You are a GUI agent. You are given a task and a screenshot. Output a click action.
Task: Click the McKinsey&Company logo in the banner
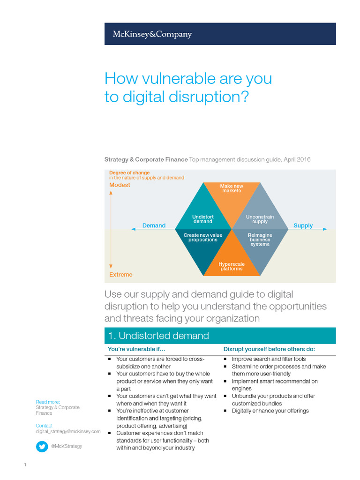click(152, 34)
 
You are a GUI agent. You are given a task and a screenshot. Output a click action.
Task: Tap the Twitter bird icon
click(42, 446)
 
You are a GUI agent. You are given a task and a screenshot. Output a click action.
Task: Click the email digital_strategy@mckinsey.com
click(68, 431)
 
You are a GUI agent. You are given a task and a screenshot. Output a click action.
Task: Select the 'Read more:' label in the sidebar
click(48, 402)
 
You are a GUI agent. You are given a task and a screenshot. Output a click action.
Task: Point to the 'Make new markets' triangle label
click(232, 188)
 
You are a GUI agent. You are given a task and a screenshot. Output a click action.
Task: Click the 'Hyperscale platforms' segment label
click(232, 266)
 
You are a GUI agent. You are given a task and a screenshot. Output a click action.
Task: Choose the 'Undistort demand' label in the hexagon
click(203, 219)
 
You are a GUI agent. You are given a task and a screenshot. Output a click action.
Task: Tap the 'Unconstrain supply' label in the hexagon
click(260, 219)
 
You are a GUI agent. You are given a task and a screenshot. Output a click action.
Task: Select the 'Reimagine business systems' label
click(260, 240)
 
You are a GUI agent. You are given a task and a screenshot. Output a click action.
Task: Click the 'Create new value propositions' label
click(203, 237)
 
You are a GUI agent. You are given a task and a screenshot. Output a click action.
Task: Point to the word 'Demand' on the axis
click(154, 225)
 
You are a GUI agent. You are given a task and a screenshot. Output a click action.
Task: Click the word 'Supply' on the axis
click(303, 225)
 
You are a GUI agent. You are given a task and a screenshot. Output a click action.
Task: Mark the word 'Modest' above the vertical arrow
click(120, 185)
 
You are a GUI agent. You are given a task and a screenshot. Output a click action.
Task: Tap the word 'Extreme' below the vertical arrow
click(121, 275)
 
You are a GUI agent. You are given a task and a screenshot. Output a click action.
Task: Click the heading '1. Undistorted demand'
click(158, 336)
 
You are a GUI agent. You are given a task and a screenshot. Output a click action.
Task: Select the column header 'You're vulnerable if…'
click(136, 349)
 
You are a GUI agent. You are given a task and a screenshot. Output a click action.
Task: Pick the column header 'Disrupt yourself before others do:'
click(269, 349)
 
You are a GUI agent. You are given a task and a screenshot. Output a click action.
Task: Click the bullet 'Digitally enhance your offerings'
click(270, 411)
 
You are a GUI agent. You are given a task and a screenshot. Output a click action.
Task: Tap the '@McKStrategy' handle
click(66, 446)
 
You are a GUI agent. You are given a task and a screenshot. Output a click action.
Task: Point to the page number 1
click(24, 465)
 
